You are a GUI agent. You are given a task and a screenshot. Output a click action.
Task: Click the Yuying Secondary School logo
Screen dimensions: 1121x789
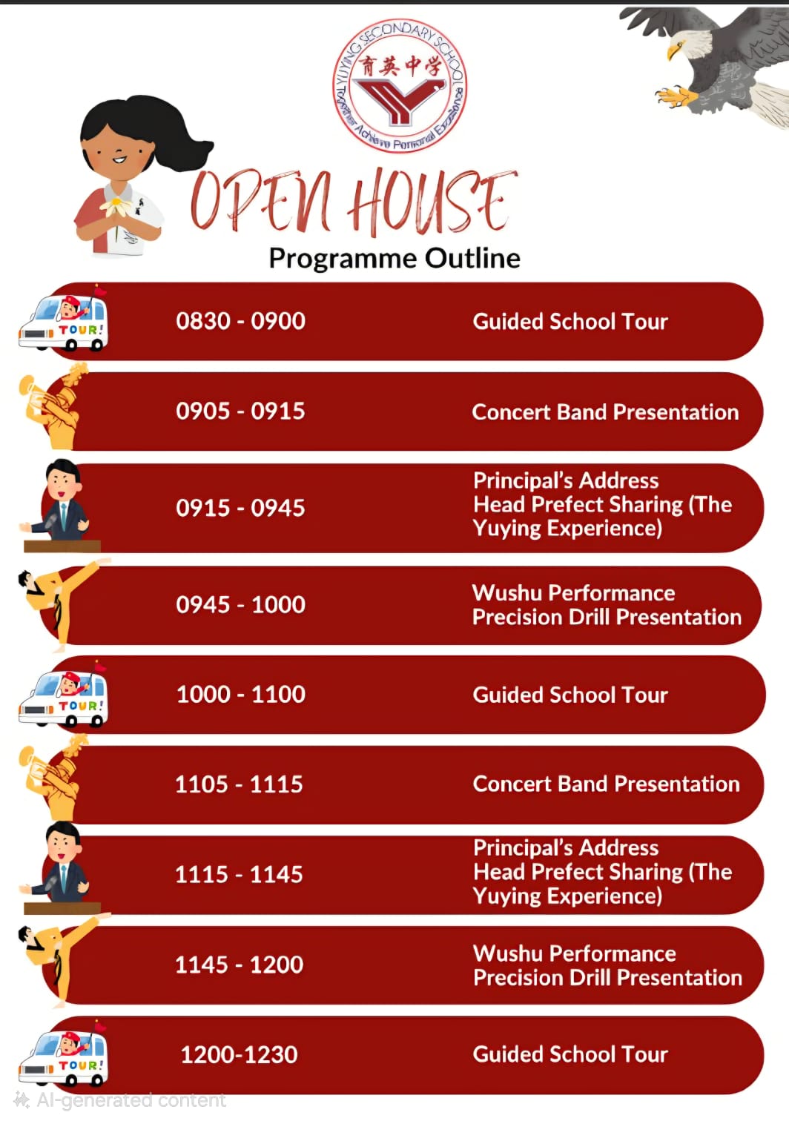tap(400, 86)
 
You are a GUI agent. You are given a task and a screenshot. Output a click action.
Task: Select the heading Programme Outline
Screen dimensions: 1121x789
tap(394, 258)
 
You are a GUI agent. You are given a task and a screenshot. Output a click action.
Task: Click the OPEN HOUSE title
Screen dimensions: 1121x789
tap(353, 201)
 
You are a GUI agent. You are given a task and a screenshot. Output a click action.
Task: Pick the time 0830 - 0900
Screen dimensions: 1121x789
tap(240, 321)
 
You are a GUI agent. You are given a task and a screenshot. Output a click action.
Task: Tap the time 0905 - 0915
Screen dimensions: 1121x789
tap(240, 411)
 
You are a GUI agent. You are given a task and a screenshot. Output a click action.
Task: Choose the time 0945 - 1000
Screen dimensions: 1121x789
tap(240, 604)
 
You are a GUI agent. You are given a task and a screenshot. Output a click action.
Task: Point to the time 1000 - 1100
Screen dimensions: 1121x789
tap(240, 694)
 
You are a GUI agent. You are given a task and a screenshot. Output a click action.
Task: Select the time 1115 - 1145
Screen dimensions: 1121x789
tap(239, 874)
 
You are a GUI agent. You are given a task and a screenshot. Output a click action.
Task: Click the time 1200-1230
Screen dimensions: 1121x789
tap(239, 1054)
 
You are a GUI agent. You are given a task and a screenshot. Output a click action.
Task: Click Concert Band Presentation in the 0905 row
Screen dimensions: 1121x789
tap(605, 411)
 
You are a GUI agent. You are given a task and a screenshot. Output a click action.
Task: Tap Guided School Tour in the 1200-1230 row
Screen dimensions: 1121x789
tap(570, 1054)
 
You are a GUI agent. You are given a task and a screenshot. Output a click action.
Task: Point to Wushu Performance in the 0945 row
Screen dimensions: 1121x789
tap(573, 592)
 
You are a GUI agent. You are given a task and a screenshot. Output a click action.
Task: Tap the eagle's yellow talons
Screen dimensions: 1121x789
tap(675, 96)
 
